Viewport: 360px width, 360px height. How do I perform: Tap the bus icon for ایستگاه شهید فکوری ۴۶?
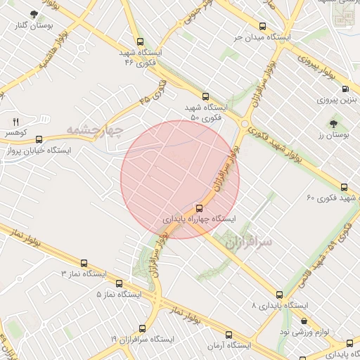pos(141,41)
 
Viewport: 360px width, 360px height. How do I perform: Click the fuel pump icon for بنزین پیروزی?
pos(345,89)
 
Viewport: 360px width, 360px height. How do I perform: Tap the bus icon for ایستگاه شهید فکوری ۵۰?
pos(205,96)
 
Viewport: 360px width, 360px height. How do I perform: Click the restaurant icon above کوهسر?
pos(15,121)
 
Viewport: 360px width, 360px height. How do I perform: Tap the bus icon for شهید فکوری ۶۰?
pos(344,187)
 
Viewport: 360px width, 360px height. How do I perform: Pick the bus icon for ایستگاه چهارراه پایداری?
pos(200,207)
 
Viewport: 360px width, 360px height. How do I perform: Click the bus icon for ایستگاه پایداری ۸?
pos(280,295)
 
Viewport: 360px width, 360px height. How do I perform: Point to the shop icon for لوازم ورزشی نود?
pos(304,321)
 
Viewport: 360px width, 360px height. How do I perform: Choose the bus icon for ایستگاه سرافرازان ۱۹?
pos(143,328)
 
